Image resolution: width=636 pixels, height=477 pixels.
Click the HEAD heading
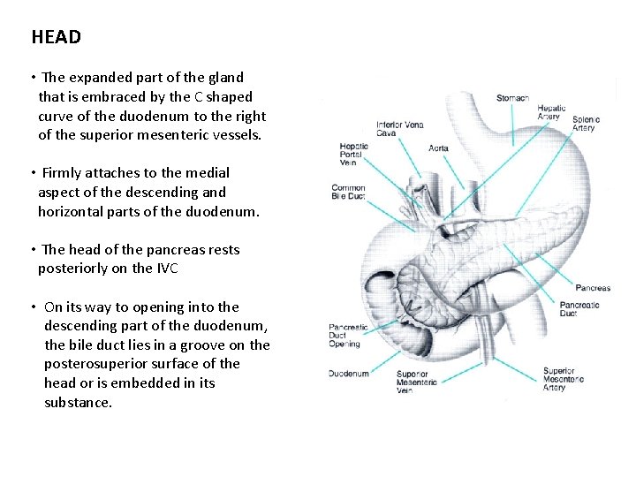56,37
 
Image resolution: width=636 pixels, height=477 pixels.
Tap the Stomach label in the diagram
512,98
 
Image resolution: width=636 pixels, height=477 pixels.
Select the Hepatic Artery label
551,112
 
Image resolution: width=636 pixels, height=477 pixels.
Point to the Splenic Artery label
586,124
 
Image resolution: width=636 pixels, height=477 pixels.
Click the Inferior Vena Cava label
399,129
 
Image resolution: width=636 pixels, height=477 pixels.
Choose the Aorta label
438,148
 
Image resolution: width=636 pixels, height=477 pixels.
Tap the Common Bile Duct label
348,192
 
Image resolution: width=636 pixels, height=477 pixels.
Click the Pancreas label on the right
593,288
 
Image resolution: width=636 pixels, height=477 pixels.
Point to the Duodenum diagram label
348,374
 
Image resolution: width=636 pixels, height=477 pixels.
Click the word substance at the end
78,403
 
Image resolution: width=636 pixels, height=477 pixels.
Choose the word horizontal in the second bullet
73,212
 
